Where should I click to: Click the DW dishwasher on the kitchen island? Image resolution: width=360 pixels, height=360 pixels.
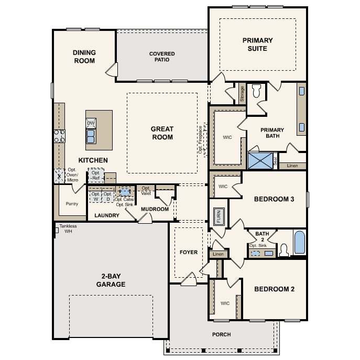(91, 123)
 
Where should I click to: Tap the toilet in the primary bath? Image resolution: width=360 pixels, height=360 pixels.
(256, 91)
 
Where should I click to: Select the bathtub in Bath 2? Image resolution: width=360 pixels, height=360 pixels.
(300, 243)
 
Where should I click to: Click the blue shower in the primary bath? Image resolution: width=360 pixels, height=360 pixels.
(260, 161)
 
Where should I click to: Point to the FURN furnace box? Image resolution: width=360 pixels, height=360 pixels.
(219, 216)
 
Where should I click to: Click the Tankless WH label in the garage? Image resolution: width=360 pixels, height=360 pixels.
(68, 228)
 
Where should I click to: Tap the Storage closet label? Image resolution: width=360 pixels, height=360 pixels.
(242, 94)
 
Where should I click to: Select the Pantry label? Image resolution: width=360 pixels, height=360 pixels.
(72, 204)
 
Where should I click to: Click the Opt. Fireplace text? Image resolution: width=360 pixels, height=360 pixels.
(200, 139)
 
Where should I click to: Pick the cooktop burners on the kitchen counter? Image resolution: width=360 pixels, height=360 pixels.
(59, 136)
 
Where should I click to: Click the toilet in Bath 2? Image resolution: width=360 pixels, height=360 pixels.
(284, 250)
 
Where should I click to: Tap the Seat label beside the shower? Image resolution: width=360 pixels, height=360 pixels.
(276, 161)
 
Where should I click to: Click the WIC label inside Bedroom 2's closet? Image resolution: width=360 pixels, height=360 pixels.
(225, 303)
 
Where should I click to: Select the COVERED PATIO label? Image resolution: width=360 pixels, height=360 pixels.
(162, 57)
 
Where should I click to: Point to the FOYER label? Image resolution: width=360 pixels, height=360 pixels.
(189, 253)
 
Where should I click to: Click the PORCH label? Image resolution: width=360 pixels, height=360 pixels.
(222, 334)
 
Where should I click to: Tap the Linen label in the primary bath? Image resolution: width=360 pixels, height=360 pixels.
(292, 166)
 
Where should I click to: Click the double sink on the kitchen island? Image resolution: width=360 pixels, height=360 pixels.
(91, 136)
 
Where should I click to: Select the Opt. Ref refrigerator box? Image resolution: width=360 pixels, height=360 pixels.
(96, 176)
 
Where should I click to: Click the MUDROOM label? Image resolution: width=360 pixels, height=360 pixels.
(155, 209)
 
